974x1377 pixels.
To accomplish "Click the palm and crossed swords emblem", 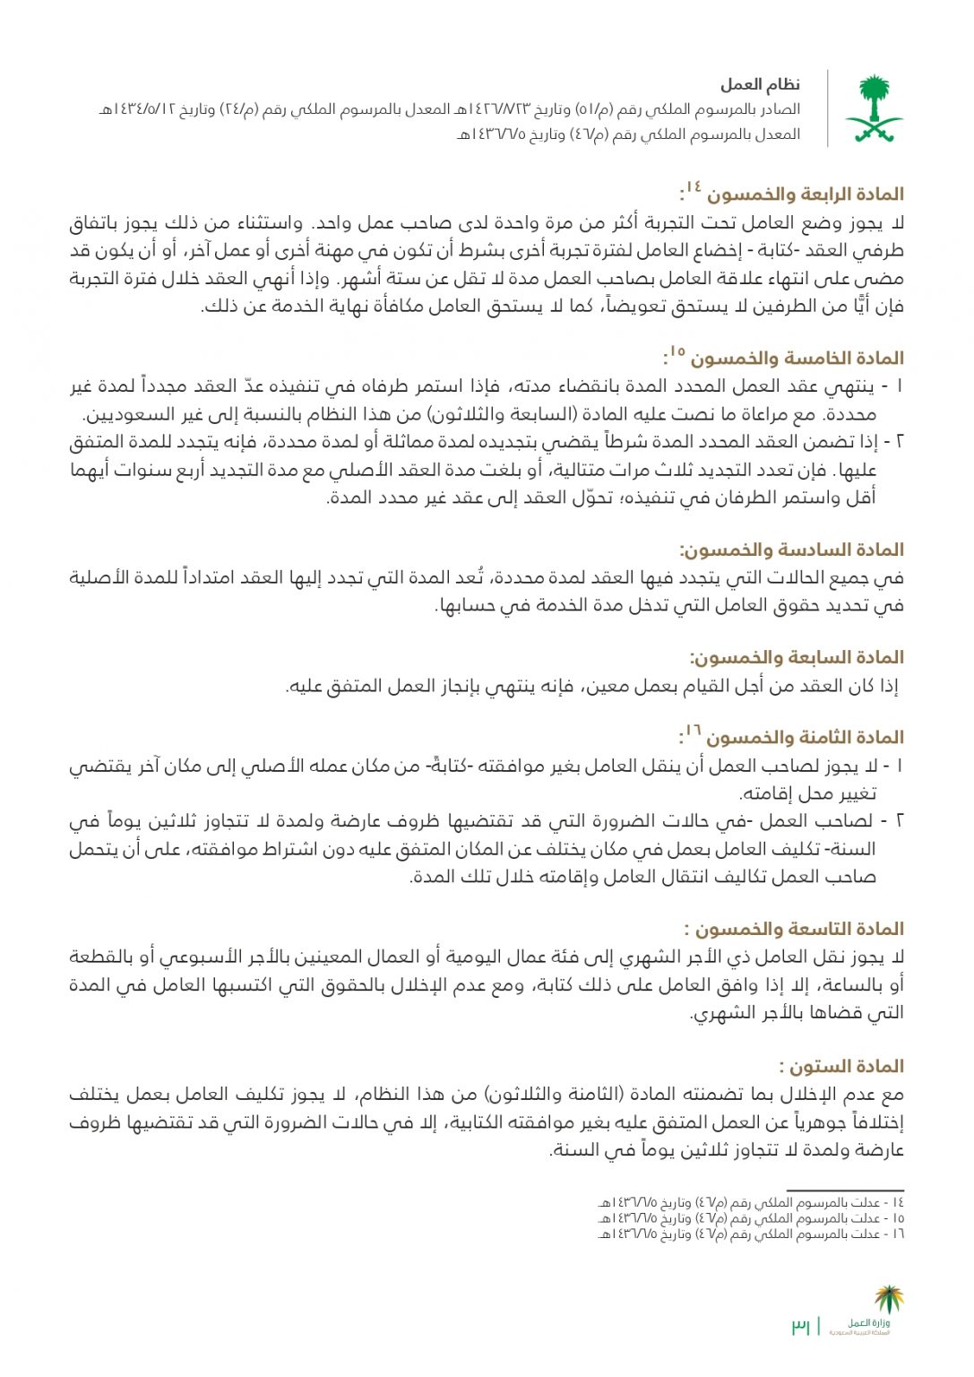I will coord(874,108).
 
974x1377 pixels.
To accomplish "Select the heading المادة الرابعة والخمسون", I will coord(805,195).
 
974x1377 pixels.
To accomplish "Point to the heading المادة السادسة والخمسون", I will coord(792,550).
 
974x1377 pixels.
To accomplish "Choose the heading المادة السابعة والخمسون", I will coord(797,658).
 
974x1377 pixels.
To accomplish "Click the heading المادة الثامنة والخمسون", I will coord(805,738).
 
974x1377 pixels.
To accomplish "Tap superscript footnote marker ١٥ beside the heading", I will coord(677,351).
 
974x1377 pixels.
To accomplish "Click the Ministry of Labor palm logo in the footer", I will coord(889,1299).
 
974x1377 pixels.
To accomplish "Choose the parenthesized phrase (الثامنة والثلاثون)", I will coord(556,1095).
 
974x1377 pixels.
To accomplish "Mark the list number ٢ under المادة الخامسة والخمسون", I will coord(899,442).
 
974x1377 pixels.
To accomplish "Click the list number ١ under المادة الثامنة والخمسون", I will coord(899,766).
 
